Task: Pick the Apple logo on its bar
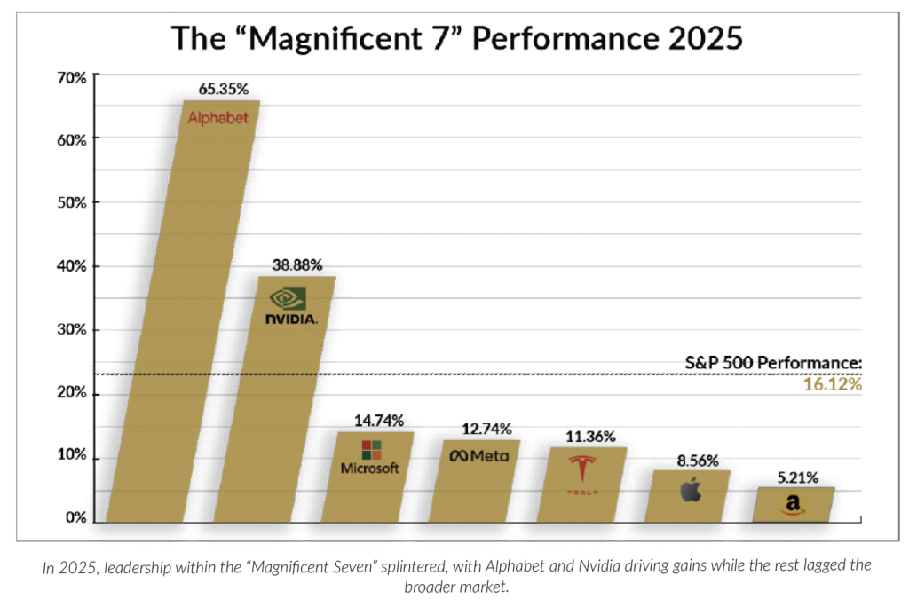[690, 489]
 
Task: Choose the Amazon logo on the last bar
[793, 505]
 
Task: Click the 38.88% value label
[296, 264]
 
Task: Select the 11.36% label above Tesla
[590, 437]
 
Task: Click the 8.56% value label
[694, 461]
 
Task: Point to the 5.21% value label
[798, 477]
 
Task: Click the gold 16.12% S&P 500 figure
[834, 385]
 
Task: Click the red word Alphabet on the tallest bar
[218, 118]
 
